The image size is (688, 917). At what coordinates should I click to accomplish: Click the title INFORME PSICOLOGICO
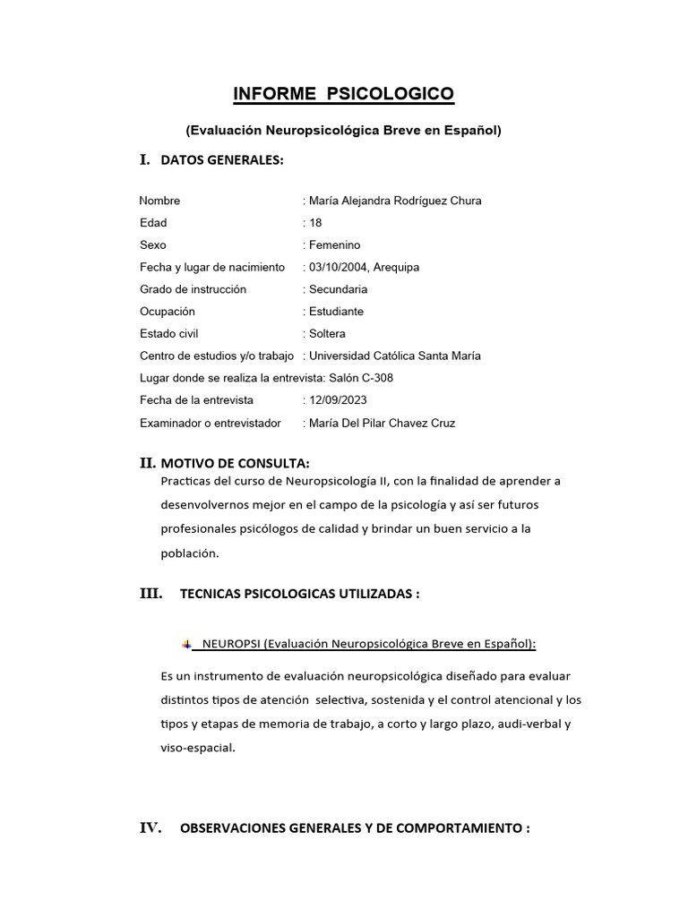pos(343,93)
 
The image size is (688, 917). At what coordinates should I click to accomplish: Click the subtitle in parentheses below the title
pos(343,130)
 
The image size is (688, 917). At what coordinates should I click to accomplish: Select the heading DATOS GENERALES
pos(221,160)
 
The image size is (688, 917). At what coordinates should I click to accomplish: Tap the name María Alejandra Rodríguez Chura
pos(395,201)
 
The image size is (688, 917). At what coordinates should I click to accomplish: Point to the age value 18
pos(315,223)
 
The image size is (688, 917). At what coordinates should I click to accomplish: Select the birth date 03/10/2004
pos(338,267)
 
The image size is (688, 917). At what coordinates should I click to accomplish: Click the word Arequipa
pos(396,267)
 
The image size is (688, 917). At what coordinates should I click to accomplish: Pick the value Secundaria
pos(338,289)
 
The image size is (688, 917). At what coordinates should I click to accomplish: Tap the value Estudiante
pos(336,312)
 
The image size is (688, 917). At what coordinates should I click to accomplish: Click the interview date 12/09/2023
pos(338,400)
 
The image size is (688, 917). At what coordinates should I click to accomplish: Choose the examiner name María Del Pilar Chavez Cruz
pos(382,423)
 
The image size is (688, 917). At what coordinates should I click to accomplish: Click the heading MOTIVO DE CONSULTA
pos(235,463)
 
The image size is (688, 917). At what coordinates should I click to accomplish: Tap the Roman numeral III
pos(150,592)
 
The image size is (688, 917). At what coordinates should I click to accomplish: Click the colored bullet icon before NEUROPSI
pos(186,644)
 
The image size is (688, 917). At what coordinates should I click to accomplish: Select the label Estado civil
pos(168,334)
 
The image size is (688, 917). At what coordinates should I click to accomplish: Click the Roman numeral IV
pos(150,828)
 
